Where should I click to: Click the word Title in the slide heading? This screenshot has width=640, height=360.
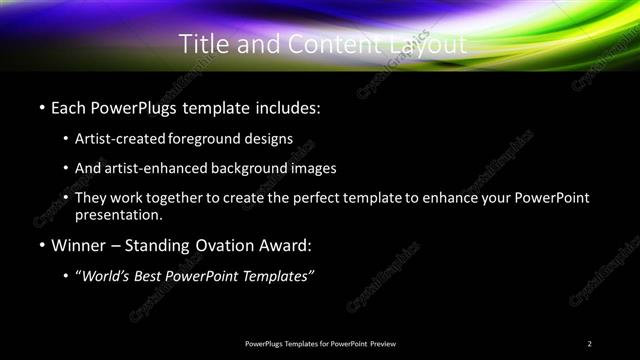click(x=202, y=44)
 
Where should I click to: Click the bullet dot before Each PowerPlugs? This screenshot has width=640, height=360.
click(x=41, y=106)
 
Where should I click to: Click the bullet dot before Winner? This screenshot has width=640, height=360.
click(x=41, y=245)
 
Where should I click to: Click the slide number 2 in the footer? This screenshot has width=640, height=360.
click(x=590, y=344)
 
